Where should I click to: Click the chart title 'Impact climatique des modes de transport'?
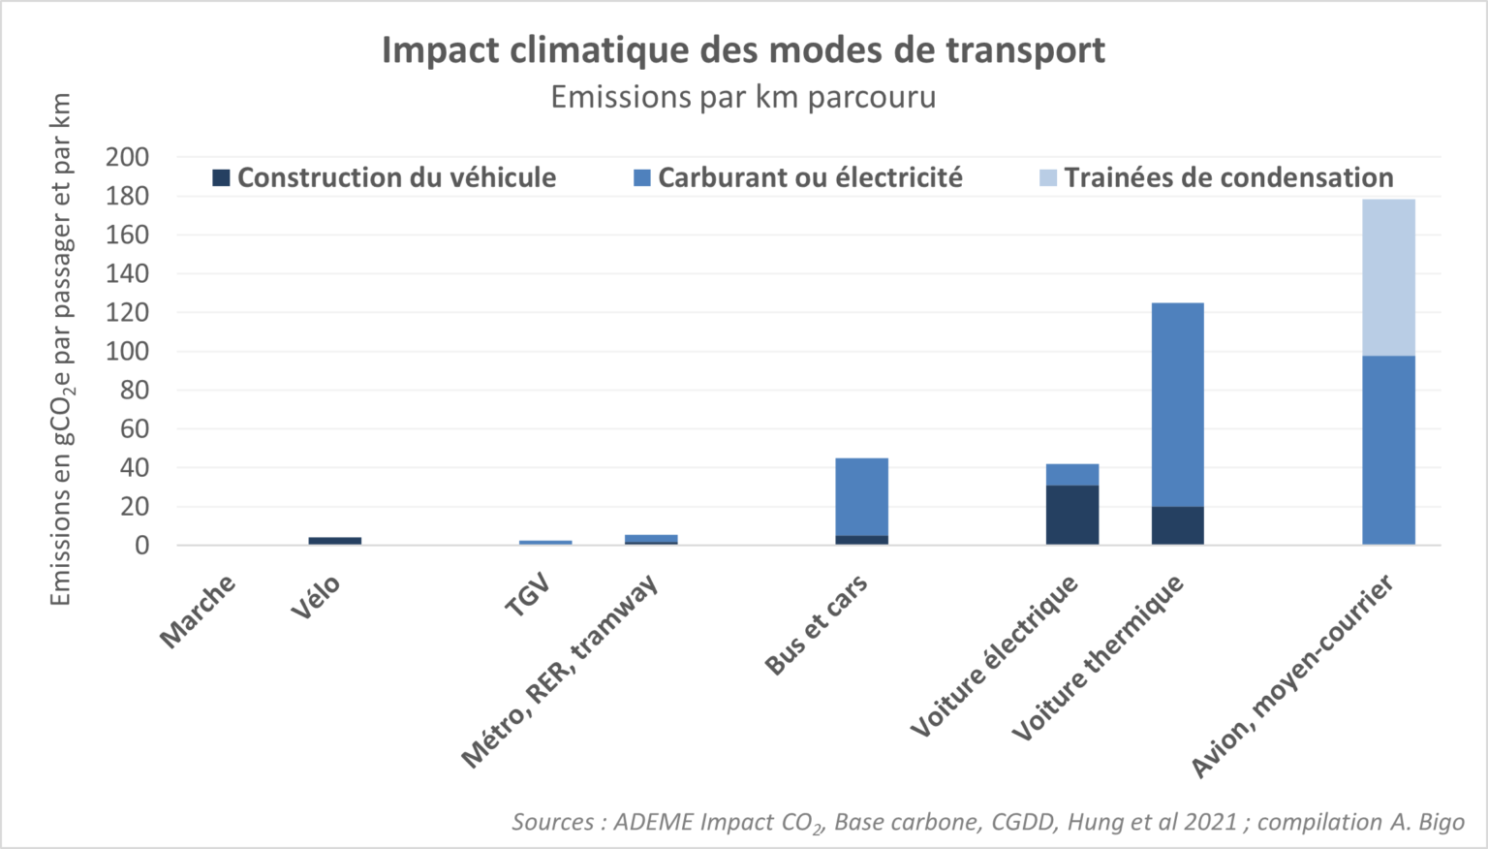pyautogui.click(x=743, y=50)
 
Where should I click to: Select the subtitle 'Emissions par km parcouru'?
pyautogui.click(x=743, y=98)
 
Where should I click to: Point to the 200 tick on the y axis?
pyautogui.click(x=128, y=157)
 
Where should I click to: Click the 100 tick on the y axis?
pyautogui.click(x=128, y=351)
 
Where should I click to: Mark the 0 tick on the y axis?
pyautogui.click(x=141, y=546)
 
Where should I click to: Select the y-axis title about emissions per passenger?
pyautogui.click(x=61, y=349)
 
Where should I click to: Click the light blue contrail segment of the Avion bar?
pyautogui.click(x=1388, y=277)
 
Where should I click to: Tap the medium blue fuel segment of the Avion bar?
pyautogui.click(x=1388, y=450)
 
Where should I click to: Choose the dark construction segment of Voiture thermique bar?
pyautogui.click(x=1177, y=525)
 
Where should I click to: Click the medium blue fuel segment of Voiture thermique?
pyautogui.click(x=1177, y=404)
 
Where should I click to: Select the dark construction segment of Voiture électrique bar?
pyautogui.click(x=1072, y=515)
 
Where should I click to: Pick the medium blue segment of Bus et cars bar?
pyautogui.click(x=861, y=496)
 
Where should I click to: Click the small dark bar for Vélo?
pyautogui.click(x=335, y=541)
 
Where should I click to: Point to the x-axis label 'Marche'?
pyautogui.click(x=199, y=611)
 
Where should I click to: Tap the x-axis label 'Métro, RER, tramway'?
pyautogui.click(x=560, y=671)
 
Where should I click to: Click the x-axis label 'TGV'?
pyautogui.click(x=528, y=595)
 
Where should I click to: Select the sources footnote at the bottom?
pyautogui.click(x=987, y=822)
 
